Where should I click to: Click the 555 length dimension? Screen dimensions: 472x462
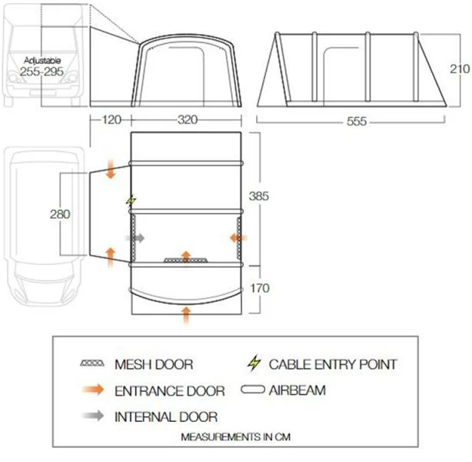pyautogui.click(x=357, y=122)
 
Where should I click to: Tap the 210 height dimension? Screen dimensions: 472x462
pyautogui.click(x=460, y=69)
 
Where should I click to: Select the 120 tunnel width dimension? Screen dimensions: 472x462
pyautogui.click(x=111, y=119)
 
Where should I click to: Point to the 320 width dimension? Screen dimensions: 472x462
pyautogui.click(x=188, y=119)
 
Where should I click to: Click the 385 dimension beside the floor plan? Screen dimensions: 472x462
pyautogui.click(x=258, y=196)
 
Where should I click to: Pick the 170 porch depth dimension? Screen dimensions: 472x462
pyautogui.click(x=260, y=288)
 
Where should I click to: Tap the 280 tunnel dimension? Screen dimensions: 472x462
pyautogui.click(x=60, y=214)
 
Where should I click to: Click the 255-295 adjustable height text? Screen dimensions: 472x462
pyautogui.click(x=42, y=72)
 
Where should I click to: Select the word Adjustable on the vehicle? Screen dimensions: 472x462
pyautogui.click(x=42, y=60)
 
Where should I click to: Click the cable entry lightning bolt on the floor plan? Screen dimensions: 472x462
pyautogui.click(x=131, y=200)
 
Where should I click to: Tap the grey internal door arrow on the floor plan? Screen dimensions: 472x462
pyautogui.click(x=135, y=238)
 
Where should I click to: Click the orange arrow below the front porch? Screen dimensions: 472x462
pyautogui.click(x=186, y=316)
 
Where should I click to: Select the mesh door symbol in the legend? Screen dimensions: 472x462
pyautogui.click(x=92, y=363)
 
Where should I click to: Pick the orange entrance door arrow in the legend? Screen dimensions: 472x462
pyautogui.click(x=93, y=390)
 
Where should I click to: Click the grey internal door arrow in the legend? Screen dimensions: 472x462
pyautogui.click(x=93, y=416)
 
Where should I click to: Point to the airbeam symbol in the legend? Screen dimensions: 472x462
pyautogui.click(x=253, y=390)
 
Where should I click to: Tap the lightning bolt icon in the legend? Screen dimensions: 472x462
pyautogui.click(x=254, y=363)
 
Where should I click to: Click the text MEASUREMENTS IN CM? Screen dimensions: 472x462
pyautogui.click(x=236, y=437)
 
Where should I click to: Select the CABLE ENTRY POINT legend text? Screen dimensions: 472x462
pyautogui.click(x=333, y=364)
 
